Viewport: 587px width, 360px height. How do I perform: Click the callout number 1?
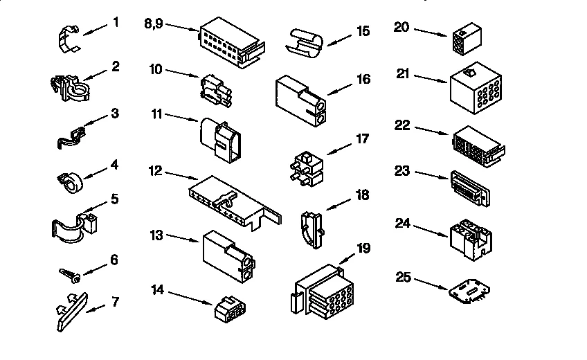coord(116,22)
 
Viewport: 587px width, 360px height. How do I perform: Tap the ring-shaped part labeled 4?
coord(69,183)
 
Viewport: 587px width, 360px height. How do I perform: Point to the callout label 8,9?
coord(153,22)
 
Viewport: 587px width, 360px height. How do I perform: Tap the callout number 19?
coord(363,249)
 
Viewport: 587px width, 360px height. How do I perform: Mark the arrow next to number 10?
coord(183,73)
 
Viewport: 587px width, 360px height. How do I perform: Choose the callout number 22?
coord(402,125)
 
